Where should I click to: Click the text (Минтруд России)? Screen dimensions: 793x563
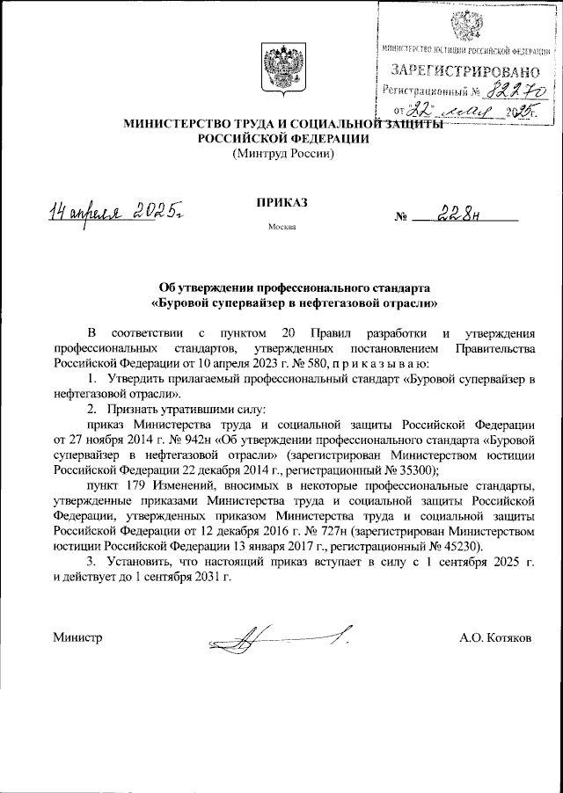282,154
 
